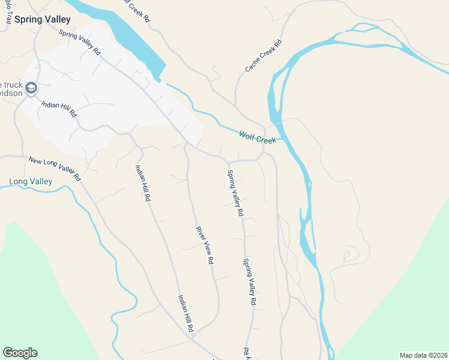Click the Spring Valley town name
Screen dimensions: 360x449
click(x=43, y=19)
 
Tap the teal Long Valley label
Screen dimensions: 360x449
click(x=31, y=181)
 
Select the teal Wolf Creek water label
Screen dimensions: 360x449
click(x=258, y=137)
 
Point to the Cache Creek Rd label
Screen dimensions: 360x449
click(x=264, y=56)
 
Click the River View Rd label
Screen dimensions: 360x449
click(x=205, y=245)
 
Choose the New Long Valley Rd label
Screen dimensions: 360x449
click(x=54, y=169)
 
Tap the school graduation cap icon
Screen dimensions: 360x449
click(x=31, y=89)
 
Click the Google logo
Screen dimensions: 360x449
click(x=20, y=353)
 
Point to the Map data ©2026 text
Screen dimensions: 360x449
click(x=423, y=355)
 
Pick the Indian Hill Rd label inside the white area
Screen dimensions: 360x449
click(x=59, y=109)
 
